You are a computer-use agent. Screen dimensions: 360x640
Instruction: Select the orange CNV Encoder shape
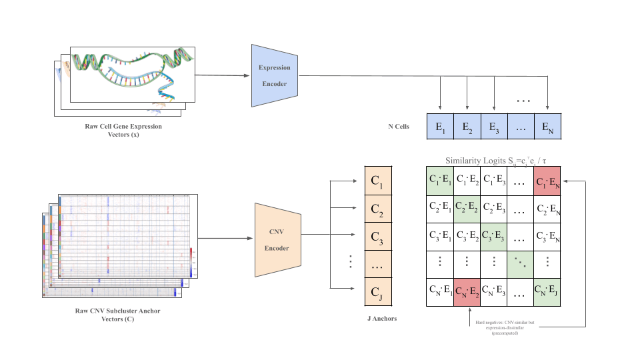(x=278, y=239)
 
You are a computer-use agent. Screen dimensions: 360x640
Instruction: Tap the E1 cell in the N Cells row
(x=440, y=126)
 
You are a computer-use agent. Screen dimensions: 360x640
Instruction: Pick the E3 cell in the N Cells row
(x=494, y=126)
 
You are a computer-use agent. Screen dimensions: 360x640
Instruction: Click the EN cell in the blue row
(x=547, y=126)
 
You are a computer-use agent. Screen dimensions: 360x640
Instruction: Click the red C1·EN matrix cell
(x=547, y=181)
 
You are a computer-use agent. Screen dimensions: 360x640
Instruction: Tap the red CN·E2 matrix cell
(x=467, y=293)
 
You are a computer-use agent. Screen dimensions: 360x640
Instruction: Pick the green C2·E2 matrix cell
(x=467, y=209)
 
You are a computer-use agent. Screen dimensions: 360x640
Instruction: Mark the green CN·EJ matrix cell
(x=547, y=293)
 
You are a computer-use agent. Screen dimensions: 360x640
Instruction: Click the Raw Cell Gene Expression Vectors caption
(x=123, y=129)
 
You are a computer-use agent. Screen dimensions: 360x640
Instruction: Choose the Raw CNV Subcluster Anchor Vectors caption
(x=117, y=314)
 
